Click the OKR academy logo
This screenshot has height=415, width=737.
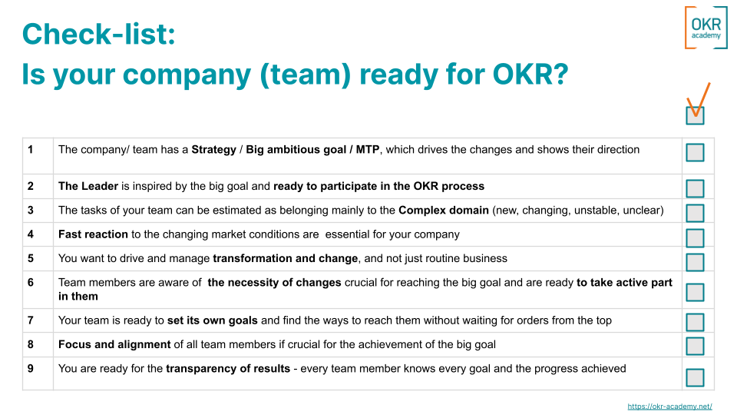tap(706, 28)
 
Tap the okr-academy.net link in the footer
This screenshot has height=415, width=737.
tap(669, 407)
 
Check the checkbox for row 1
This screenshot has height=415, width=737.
tap(695, 153)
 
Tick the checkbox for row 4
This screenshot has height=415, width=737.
tap(695, 237)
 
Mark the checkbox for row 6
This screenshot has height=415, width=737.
tap(695, 292)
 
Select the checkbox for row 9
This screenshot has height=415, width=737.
tap(695, 377)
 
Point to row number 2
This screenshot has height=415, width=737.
tap(31, 186)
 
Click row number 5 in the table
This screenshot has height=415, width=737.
tap(31, 258)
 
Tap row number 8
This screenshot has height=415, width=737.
tap(31, 344)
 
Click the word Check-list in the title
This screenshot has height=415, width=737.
tap(98, 35)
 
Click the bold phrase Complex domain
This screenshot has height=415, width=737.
tap(443, 210)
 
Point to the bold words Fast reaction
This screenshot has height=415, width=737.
tap(93, 234)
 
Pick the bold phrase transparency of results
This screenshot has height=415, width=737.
tap(228, 369)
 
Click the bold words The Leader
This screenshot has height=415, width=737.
tap(88, 186)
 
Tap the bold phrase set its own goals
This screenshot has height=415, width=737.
tap(213, 320)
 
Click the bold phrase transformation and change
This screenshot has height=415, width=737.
tap(285, 258)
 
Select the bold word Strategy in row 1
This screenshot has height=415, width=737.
tap(213, 150)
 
